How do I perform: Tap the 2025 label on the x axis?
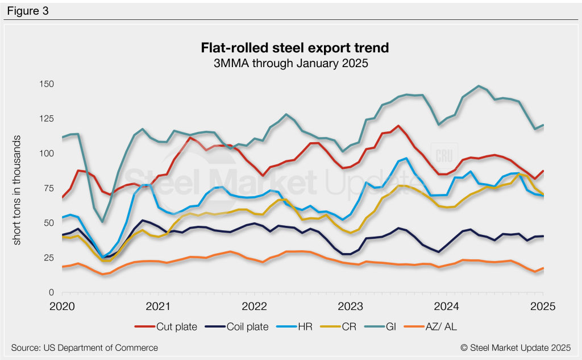(x=542, y=306)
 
